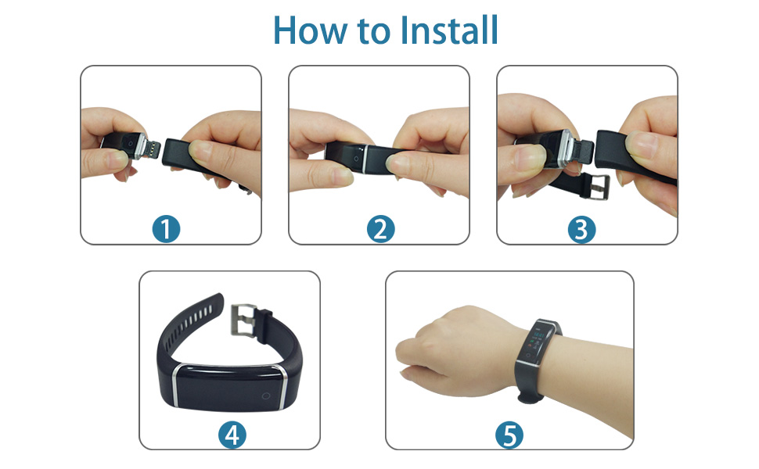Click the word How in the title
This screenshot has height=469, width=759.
coord(311,30)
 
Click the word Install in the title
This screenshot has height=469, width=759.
coord(450,30)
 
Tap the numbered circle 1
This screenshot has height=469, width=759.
coord(166,229)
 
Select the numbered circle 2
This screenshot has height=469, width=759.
coord(380,229)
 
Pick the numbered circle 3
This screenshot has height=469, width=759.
coord(581,230)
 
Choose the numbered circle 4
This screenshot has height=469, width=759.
coord(232,435)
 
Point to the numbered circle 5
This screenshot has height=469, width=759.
coord(509,435)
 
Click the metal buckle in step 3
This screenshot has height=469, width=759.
coord(599,187)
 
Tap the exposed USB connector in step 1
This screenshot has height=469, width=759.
coord(153,148)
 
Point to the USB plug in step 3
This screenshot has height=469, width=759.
coord(583,152)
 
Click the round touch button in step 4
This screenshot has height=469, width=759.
coord(266,396)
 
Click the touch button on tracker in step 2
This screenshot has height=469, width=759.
coord(356,159)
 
